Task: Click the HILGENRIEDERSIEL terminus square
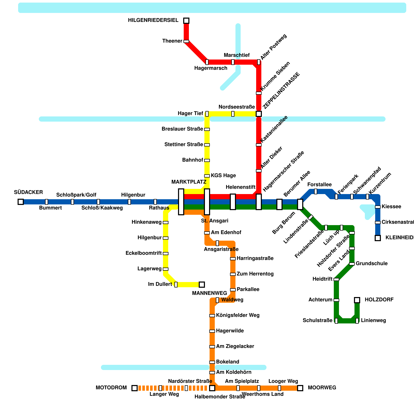[186, 21]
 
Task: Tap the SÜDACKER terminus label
[28, 192]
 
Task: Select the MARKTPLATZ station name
[189, 182]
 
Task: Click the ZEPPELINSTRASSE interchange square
[259, 114]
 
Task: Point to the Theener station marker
[186, 41]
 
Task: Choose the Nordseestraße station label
[236, 107]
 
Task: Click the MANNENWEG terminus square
[202, 285]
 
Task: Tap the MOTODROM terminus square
[135, 388]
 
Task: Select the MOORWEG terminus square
[300, 388]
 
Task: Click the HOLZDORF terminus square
[357, 300]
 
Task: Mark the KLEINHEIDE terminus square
[378, 238]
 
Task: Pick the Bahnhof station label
[193, 160]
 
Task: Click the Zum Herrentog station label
[255, 274]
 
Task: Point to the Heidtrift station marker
[336, 279]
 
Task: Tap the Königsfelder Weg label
[238, 315]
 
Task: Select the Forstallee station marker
[316, 191]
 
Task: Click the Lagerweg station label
[149, 269]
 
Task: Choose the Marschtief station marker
[233, 62]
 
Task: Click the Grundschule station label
[371, 264]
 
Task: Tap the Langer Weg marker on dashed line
[160, 388]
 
